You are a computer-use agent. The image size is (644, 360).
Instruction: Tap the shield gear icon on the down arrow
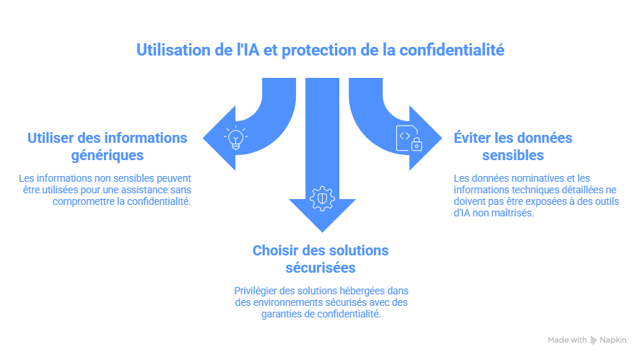pyautogui.click(x=321, y=197)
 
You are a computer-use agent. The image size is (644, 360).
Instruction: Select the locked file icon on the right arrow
pyautogui.click(x=409, y=137)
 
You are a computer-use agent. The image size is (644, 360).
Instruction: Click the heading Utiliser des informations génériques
pyautogui.click(x=107, y=146)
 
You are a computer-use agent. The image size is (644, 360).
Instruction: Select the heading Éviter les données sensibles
pyautogui.click(x=513, y=146)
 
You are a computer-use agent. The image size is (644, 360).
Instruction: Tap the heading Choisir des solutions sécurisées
pyautogui.click(x=321, y=259)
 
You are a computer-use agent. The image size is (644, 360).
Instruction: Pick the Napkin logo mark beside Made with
pyautogui.click(x=593, y=340)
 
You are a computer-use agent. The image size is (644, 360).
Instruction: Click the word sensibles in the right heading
pyautogui.click(x=513, y=155)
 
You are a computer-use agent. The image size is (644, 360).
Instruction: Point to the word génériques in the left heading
pyautogui.click(x=107, y=155)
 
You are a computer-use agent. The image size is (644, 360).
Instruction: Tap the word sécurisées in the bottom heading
pyautogui.click(x=321, y=268)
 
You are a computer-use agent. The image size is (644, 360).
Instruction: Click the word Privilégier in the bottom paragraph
pyautogui.click(x=251, y=290)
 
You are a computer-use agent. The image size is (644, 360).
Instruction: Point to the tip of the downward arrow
pyautogui.click(x=321, y=231)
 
